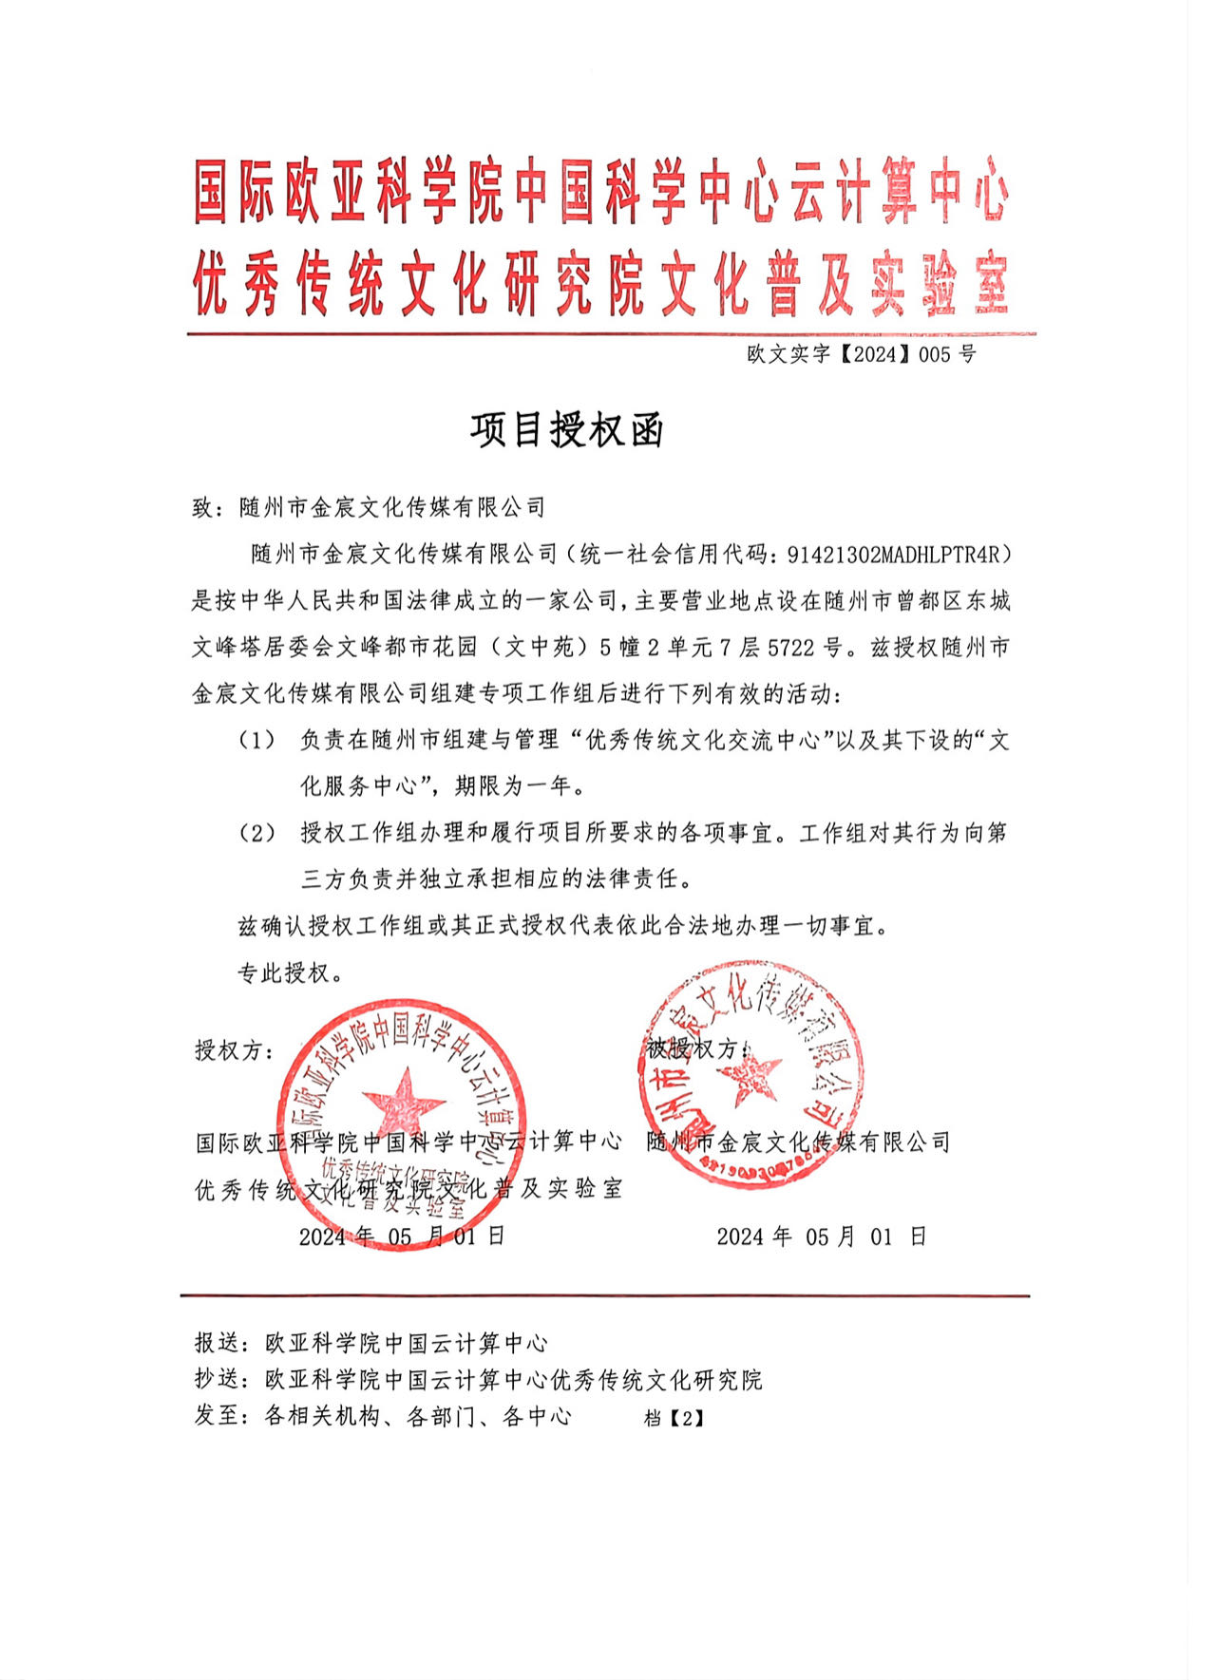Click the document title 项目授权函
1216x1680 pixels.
tap(567, 430)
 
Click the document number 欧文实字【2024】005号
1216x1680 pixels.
tap(861, 354)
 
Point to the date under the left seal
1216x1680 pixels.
tap(401, 1236)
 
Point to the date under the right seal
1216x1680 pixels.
tap(821, 1236)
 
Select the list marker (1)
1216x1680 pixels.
tap(256, 740)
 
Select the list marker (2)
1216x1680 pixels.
tap(256, 833)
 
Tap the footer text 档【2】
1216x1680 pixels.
tap(674, 1418)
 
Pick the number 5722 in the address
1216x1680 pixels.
tap(790, 648)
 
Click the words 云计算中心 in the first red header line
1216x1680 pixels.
tap(899, 190)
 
